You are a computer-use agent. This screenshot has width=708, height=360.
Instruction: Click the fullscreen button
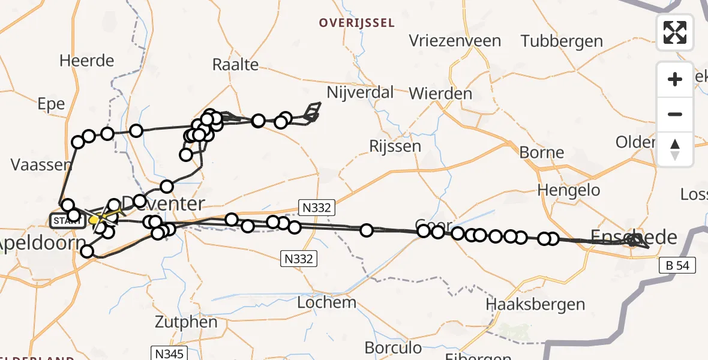pyautogui.click(x=675, y=32)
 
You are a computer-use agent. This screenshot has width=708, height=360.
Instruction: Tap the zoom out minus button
pyautogui.click(x=675, y=114)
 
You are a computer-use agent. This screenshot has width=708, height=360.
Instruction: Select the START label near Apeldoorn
pyautogui.click(x=66, y=221)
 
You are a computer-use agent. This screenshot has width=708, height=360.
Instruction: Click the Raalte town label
pyautogui.click(x=236, y=65)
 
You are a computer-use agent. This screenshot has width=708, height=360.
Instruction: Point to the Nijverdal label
pyautogui.click(x=360, y=92)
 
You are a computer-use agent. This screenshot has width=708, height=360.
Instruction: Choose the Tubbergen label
pyautogui.click(x=562, y=41)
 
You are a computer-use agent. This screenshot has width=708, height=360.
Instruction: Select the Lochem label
pyautogui.click(x=326, y=302)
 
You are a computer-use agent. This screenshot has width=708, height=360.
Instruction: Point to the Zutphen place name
pyautogui.click(x=187, y=322)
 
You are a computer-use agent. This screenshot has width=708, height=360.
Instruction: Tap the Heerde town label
pyautogui.click(x=86, y=61)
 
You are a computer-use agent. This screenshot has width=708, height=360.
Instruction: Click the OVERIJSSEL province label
pyautogui.click(x=356, y=23)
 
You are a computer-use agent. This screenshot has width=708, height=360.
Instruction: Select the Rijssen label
pyautogui.click(x=395, y=146)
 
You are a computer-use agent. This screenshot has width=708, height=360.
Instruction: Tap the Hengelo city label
pyautogui.click(x=569, y=190)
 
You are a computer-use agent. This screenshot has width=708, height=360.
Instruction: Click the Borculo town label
pyautogui.click(x=393, y=348)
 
